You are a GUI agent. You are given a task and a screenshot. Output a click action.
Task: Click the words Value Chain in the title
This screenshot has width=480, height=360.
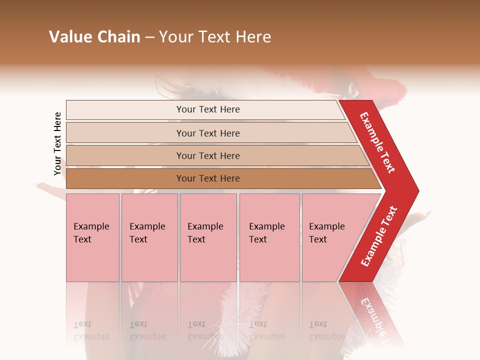94,37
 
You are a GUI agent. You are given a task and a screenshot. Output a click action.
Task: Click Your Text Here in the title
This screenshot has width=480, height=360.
215,37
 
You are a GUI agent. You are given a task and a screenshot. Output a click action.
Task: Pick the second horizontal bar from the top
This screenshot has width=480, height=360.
207,133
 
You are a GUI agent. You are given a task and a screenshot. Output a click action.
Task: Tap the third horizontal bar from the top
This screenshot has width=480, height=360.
207,155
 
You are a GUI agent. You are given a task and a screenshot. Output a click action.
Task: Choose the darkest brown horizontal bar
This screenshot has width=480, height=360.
207,178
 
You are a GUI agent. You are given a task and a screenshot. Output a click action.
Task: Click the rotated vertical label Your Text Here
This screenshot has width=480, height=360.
57,143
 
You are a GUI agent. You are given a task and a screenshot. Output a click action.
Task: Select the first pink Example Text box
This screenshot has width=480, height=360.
92,237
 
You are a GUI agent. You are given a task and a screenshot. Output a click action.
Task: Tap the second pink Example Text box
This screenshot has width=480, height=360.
149,237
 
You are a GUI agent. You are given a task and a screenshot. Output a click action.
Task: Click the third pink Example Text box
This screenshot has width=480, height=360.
208,237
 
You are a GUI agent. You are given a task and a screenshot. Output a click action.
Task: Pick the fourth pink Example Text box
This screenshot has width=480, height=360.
269,237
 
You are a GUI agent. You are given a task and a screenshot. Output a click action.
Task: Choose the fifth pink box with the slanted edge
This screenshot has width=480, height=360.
330,237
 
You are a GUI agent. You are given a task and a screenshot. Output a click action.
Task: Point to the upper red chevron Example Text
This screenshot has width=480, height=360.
377,142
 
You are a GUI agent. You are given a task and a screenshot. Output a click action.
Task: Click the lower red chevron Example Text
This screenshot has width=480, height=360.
379,236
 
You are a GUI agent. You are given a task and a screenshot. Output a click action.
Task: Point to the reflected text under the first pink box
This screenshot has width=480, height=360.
91,331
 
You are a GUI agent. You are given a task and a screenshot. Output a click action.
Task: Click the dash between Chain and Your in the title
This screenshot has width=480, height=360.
149,37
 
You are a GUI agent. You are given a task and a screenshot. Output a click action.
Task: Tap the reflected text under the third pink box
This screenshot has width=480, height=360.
205,331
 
